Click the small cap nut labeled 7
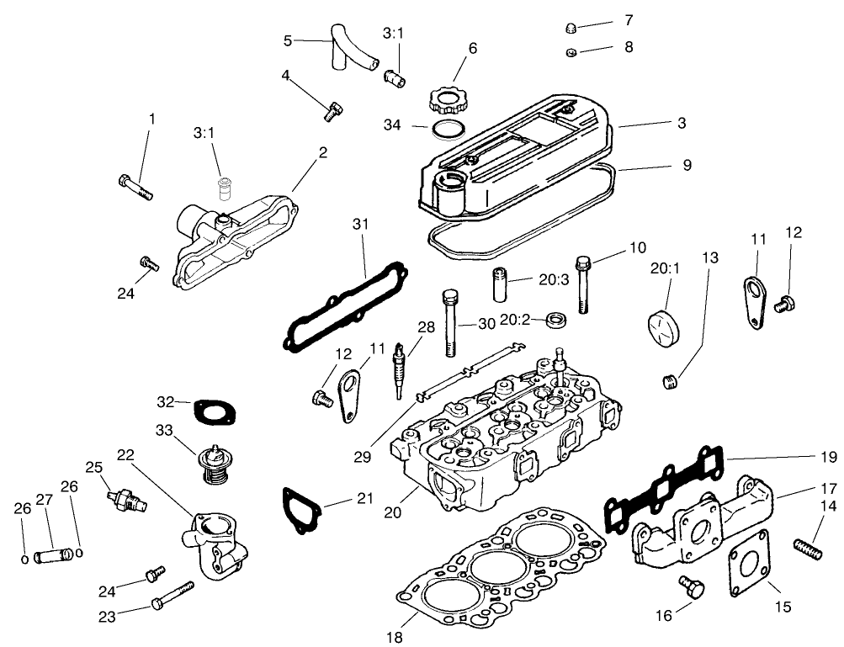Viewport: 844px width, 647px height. (x=571, y=29)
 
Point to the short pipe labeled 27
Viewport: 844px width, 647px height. (x=52, y=555)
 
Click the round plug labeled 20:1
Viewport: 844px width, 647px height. (x=665, y=326)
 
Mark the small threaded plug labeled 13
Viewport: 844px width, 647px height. (x=671, y=384)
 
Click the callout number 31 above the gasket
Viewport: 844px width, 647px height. (x=361, y=224)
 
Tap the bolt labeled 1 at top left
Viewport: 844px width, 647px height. (x=135, y=186)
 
